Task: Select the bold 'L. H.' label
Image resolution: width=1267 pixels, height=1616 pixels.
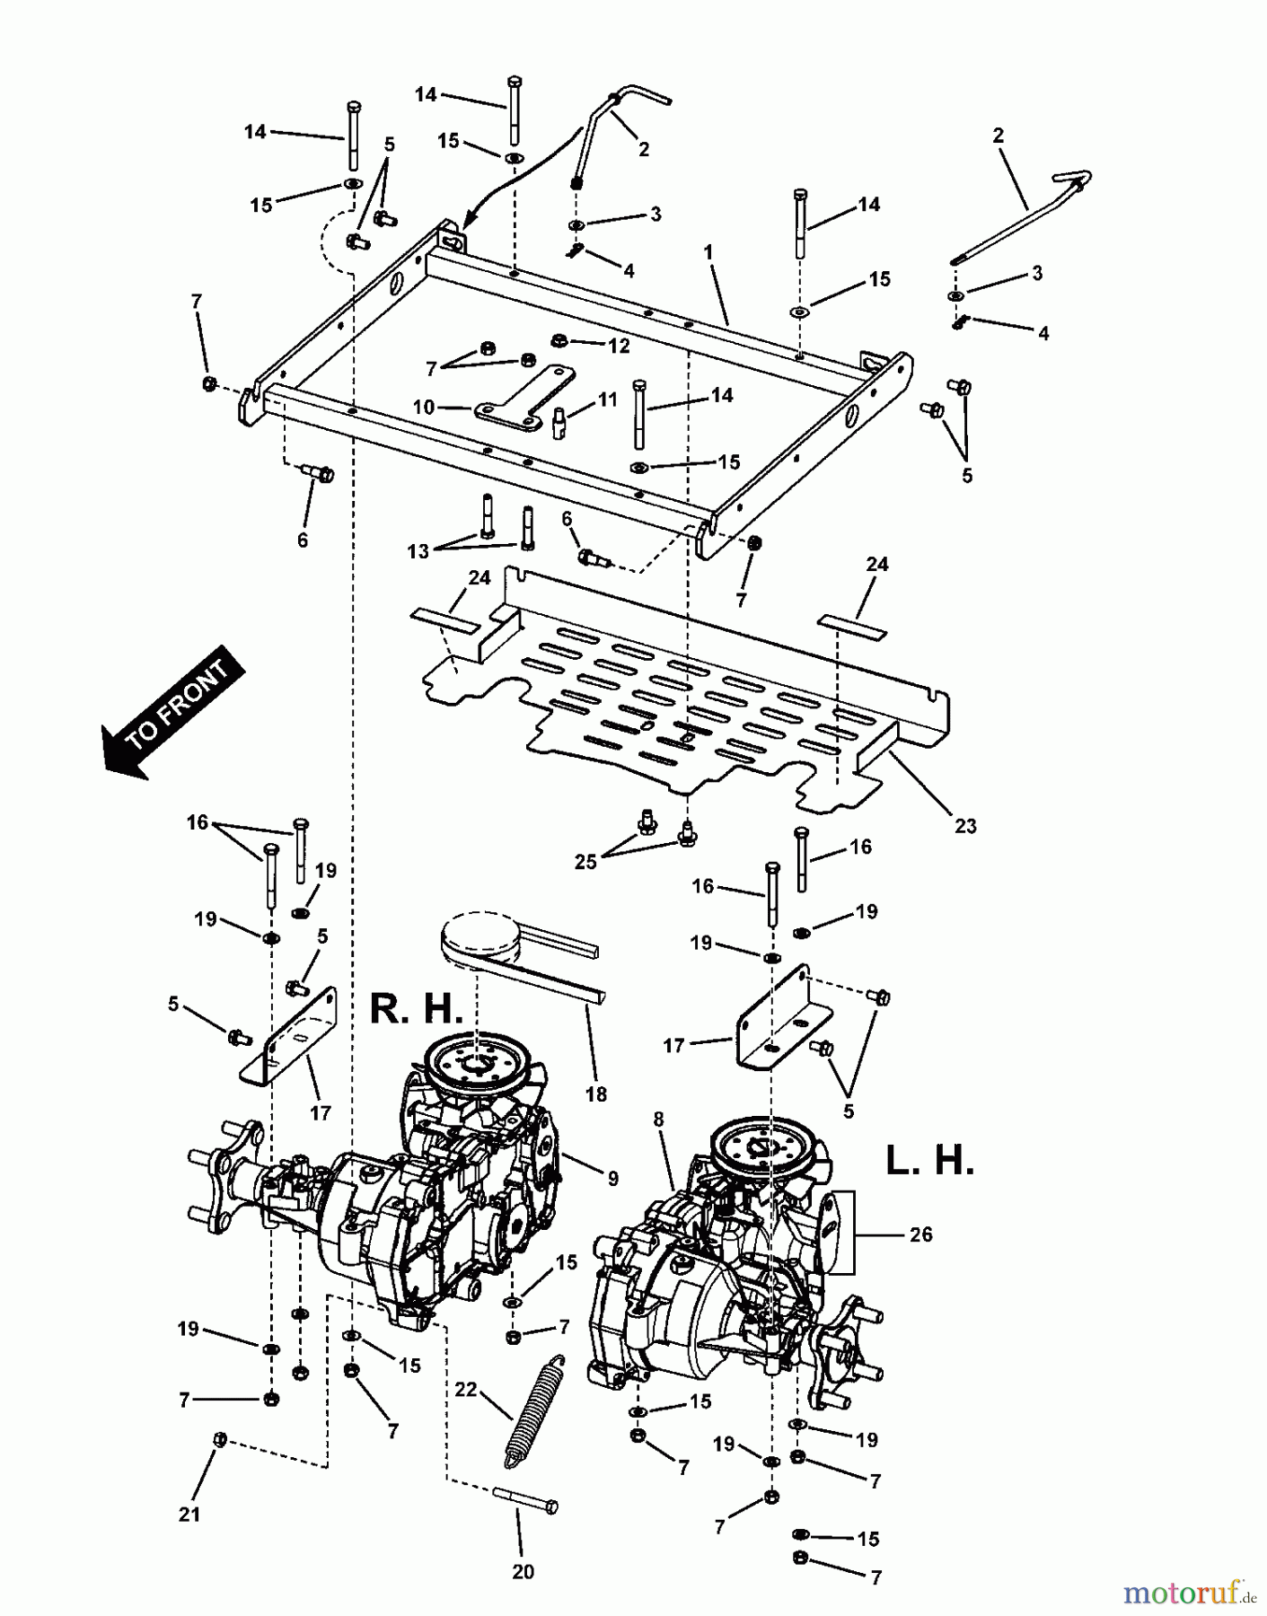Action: coord(929,1162)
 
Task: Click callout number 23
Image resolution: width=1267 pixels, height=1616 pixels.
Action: coord(965,826)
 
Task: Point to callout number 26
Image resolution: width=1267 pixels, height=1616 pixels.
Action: coord(921,1234)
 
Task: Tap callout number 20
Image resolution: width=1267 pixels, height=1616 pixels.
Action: coord(523,1572)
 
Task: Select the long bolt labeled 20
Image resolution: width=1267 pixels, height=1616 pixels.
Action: coord(524,1504)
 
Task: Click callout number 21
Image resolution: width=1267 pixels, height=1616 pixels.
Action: coord(189,1515)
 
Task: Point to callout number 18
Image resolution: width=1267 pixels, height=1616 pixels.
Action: coord(595,1094)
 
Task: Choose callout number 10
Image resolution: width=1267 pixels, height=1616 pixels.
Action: coord(424,408)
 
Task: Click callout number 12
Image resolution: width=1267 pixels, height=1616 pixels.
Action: coord(619,346)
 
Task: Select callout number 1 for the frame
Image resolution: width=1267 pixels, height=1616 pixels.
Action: coord(708,253)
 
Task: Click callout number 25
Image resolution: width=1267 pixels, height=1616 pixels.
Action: coord(586,862)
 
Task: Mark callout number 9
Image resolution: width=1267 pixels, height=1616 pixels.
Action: coord(612,1179)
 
